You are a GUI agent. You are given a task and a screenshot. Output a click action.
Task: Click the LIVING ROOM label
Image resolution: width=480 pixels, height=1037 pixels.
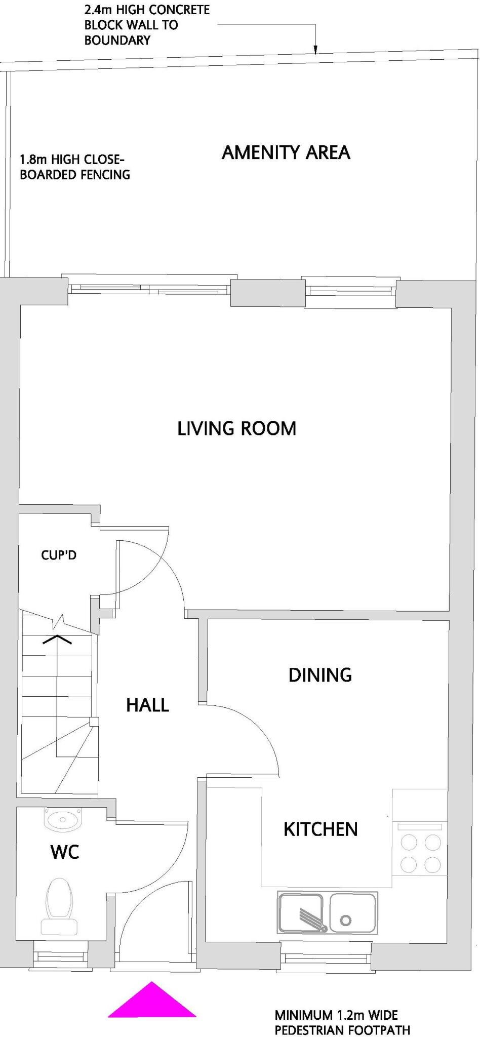(236, 428)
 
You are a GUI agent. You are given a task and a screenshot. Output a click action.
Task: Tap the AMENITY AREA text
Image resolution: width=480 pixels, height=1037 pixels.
(286, 152)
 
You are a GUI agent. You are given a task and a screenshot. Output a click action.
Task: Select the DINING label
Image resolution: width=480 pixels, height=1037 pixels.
(320, 675)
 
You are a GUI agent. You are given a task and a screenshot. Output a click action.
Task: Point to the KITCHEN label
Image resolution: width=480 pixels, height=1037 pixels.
(321, 829)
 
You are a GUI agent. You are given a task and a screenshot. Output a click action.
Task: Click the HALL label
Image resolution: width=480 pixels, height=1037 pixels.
(147, 705)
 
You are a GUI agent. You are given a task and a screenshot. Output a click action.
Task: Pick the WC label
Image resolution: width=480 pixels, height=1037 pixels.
(65, 852)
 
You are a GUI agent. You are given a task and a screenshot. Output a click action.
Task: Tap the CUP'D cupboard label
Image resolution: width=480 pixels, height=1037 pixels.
(59, 555)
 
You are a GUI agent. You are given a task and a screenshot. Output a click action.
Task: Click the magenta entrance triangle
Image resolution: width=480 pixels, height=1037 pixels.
(152, 1000)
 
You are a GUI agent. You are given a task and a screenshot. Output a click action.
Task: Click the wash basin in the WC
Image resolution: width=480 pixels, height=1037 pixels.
(62, 819)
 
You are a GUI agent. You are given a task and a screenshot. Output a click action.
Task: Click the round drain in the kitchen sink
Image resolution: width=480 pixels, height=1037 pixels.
(346, 920)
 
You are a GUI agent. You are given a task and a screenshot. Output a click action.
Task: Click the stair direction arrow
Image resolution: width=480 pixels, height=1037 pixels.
(57, 639)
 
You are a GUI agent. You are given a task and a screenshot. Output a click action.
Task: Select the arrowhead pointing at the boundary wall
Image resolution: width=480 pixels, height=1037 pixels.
(315, 50)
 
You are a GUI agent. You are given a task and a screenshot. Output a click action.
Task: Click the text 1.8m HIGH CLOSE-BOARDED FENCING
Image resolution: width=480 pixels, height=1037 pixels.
(75, 167)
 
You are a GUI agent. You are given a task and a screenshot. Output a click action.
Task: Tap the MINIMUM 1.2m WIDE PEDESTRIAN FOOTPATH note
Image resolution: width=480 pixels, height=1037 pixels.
(342, 1022)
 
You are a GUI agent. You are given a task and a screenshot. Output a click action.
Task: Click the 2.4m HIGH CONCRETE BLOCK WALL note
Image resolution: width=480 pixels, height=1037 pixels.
(147, 25)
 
